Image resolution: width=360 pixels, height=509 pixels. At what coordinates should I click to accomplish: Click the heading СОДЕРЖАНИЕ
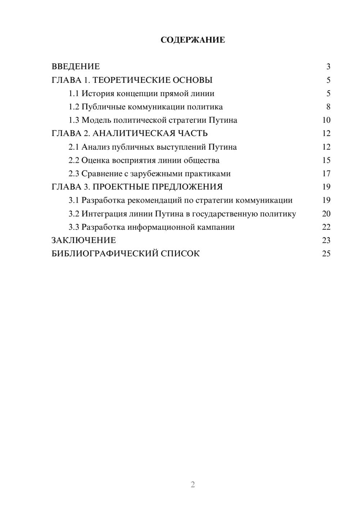(x=193, y=40)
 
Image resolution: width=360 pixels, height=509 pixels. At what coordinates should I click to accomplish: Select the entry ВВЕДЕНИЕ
(x=76, y=67)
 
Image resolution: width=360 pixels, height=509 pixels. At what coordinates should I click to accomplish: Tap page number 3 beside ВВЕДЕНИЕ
(x=328, y=67)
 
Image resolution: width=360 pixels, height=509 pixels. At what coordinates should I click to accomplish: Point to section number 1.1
(x=73, y=94)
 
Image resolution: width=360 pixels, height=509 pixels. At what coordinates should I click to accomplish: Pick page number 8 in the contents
(x=328, y=107)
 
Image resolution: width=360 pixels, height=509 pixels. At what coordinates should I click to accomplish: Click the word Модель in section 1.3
(x=96, y=120)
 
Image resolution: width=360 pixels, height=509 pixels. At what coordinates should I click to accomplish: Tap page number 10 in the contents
(x=326, y=120)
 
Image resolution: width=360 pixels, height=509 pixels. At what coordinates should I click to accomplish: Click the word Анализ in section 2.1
(x=95, y=147)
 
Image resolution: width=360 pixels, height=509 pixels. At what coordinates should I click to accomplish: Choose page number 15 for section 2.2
(x=326, y=160)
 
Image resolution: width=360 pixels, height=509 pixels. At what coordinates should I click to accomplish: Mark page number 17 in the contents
(x=326, y=174)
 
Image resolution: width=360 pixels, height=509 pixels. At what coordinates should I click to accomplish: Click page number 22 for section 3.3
(x=326, y=227)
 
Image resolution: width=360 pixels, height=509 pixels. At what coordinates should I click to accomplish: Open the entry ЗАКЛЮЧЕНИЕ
(x=84, y=240)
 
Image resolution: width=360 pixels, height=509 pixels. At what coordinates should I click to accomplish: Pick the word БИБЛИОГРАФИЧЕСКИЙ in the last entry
(x=105, y=254)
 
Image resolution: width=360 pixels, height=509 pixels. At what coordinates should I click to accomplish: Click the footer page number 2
(x=193, y=485)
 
